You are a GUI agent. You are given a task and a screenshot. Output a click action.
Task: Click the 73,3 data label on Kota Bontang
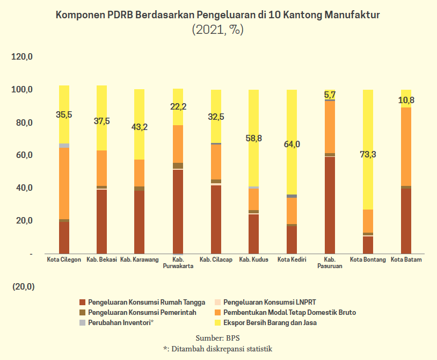pyautogui.click(x=368, y=155)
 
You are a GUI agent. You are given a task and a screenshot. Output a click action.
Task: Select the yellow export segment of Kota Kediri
pyautogui.click(x=292, y=161)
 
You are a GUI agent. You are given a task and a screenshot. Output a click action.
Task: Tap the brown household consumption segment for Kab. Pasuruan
pyautogui.click(x=330, y=204)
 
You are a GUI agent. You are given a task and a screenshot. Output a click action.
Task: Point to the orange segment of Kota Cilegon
pyautogui.click(x=64, y=183)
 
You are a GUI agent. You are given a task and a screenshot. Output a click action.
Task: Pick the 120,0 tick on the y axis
pyautogui.click(x=23, y=56)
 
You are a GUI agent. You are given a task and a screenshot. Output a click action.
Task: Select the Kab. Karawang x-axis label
pyautogui.click(x=140, y=260)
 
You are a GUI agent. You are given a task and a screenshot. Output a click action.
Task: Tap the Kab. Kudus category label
pyautogui.click(x=253, y=260)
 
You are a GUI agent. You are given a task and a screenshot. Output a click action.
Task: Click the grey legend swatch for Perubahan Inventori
pyautogui.click(x=82, y=323)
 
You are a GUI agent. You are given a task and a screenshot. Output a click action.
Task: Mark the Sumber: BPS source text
pyautogui.click(x=218, y=338)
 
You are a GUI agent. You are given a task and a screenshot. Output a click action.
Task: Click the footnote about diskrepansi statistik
pyautogui.click(x=218, y=349)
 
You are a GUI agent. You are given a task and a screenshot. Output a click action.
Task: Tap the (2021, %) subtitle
pyautogui.click(x=218, y=30)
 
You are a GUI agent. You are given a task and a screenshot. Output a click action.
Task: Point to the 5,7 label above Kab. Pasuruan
pyautogui.click(x=330, y=95)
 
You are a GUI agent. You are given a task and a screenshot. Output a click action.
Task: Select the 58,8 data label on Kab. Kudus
pyautogui.click(x=253, y=139)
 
